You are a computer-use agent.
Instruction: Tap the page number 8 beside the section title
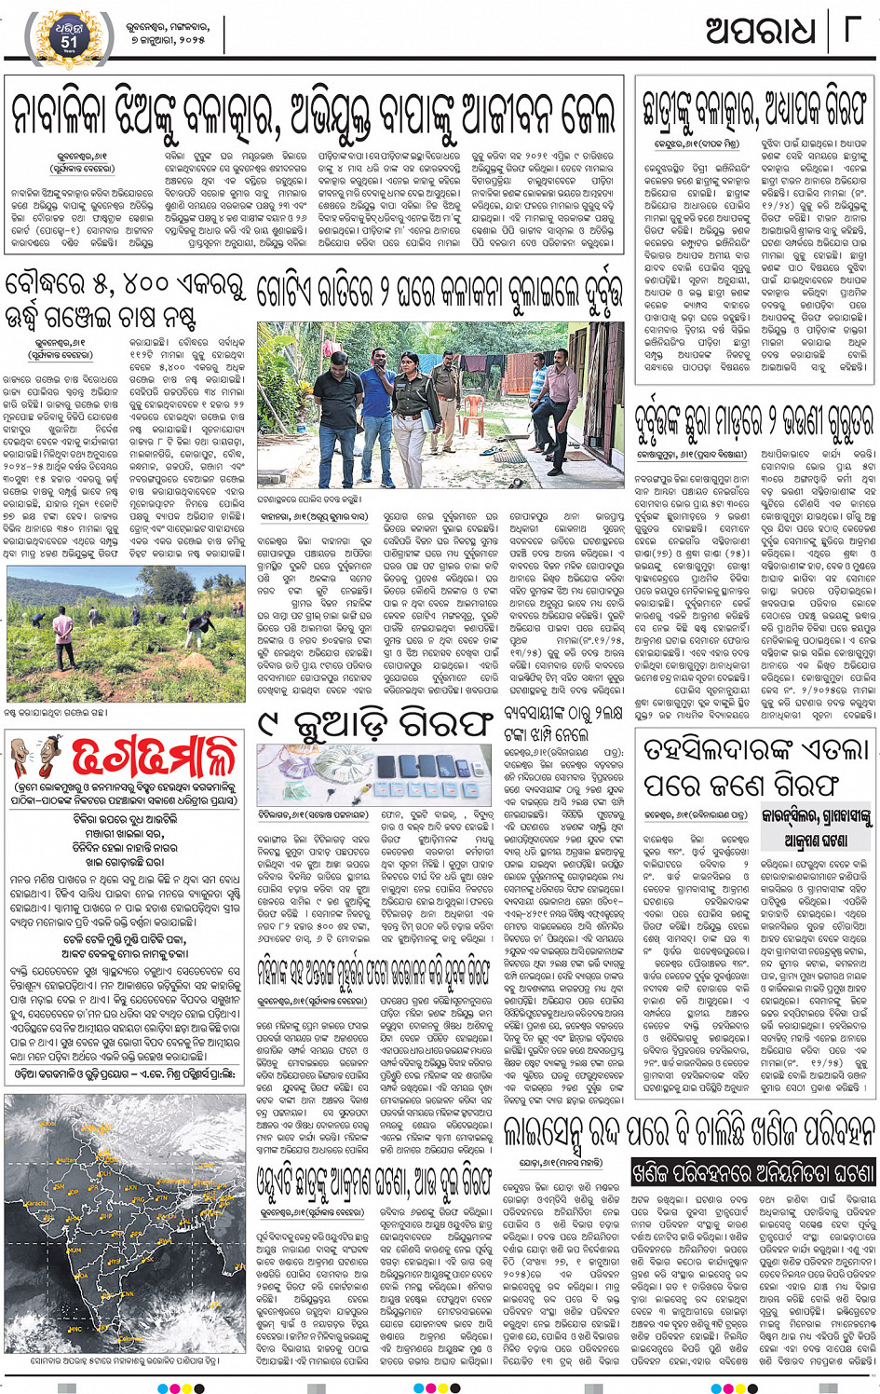[850, 31]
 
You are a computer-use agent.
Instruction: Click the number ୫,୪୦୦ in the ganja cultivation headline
[103, 285]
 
